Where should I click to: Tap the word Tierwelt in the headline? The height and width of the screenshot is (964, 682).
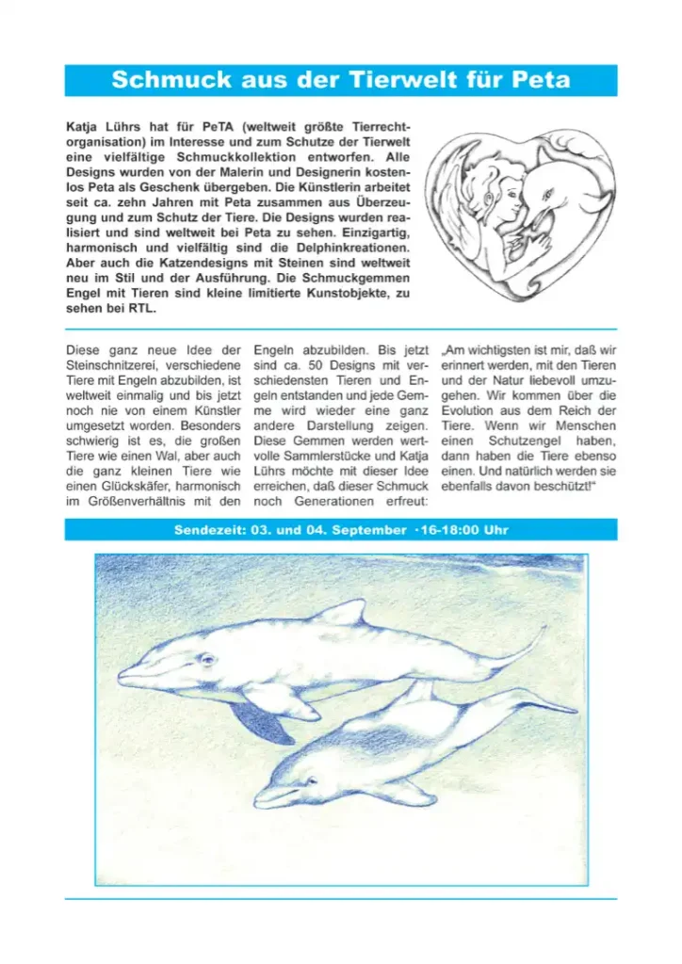pyautogui.click(x=412, y=80)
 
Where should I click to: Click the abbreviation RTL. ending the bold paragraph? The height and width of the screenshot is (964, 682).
pyautogui.click(x=143, y=309)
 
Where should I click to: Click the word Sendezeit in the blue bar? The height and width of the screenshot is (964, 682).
pyautogui.click(x=206, y=530)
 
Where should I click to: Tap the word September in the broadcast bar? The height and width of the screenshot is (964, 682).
pyautogui.click(x=366, y=530)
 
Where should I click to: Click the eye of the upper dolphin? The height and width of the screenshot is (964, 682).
pyautogui.click(x=207, y=658)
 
